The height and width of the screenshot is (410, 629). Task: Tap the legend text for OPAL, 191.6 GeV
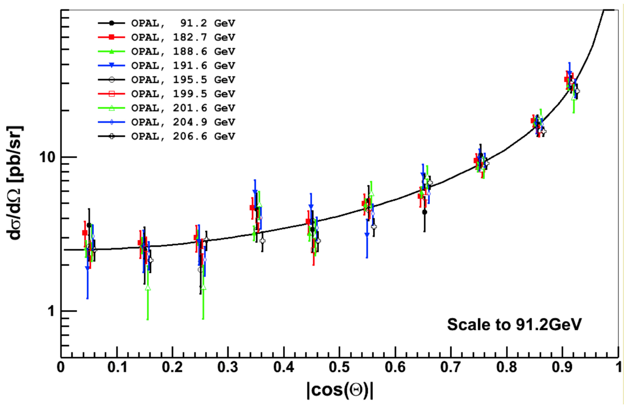pos(183,66)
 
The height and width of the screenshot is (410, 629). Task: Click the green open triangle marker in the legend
pos(111,108)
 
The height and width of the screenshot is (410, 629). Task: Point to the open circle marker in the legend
pos(111,80)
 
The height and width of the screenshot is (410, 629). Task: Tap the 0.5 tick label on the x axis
pos(339,367)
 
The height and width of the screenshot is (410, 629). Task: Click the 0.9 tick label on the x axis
pos(562,367)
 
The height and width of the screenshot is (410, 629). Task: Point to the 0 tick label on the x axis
pos(61,367)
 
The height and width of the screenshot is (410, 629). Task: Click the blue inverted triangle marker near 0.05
pos(88,268)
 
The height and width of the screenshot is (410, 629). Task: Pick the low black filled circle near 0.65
pos(424,212)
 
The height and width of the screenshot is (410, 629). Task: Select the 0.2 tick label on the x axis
pos(172,367)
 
